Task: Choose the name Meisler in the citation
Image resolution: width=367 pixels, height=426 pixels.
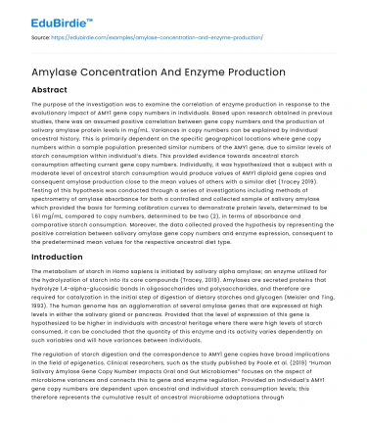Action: click(307, 299)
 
